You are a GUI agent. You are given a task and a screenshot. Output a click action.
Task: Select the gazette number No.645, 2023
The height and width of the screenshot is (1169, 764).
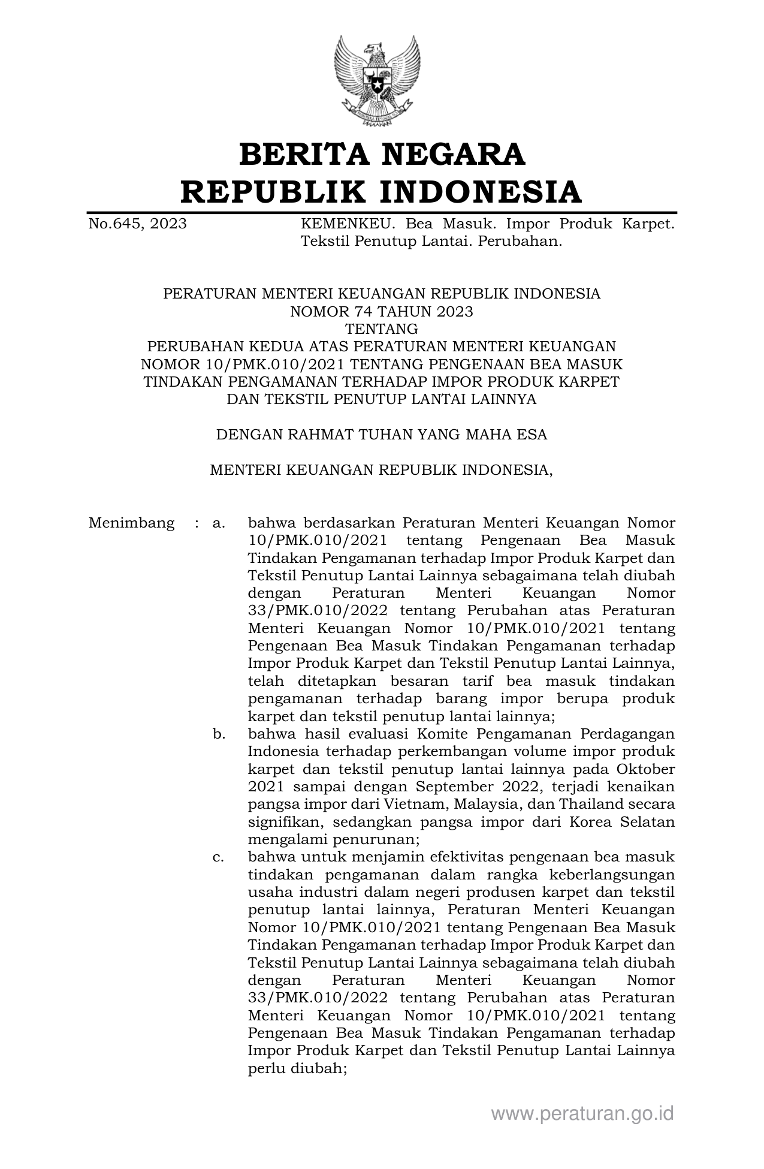pos(137,224)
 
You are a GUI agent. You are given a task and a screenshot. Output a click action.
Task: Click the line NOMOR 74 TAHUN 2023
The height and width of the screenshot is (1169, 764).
pos(382,312)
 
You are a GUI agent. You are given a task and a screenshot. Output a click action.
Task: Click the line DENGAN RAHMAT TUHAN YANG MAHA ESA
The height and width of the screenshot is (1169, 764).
pos(382,435)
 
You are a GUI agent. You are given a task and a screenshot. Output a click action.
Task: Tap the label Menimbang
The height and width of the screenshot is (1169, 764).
pos(131,523)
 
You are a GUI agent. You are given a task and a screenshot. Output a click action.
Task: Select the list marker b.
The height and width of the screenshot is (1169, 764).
pos(219,734)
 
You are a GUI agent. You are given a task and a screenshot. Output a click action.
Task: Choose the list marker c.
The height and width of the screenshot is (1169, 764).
pos(219,857)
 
